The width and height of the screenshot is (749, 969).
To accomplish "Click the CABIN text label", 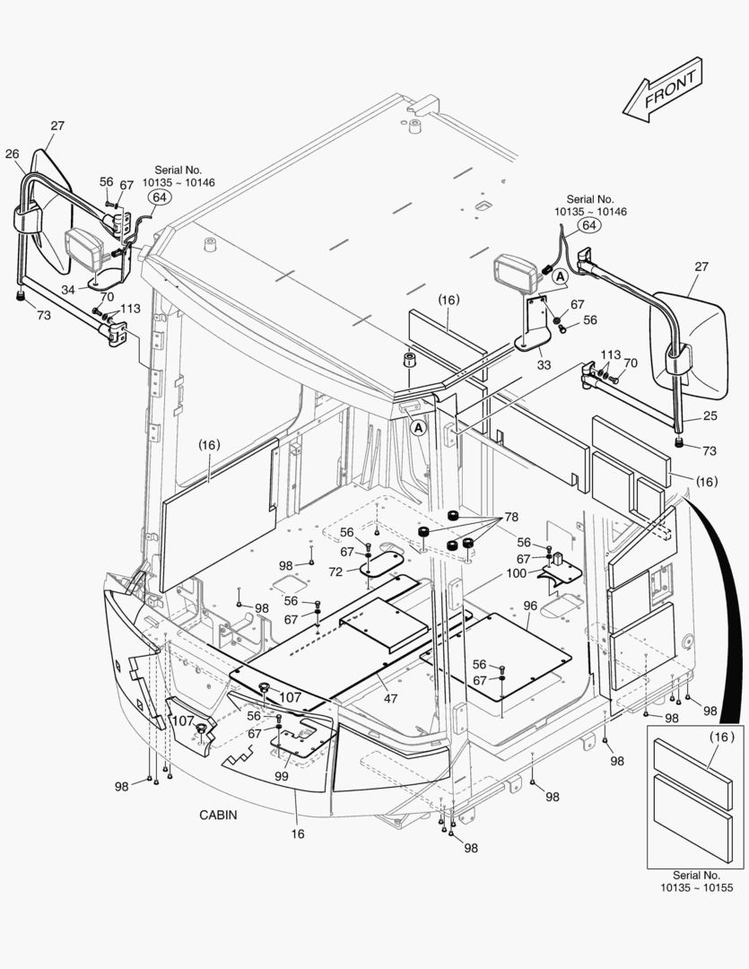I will [219, 815].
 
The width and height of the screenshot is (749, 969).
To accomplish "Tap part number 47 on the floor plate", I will [390, 698].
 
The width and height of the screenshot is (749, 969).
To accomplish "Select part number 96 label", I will [530, 606].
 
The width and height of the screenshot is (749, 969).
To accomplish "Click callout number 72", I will [335, 572].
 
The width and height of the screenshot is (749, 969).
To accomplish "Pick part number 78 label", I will [510, 517].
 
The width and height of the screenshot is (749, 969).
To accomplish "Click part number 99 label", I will [282, 777].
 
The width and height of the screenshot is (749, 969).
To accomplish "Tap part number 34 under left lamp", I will [68, 289].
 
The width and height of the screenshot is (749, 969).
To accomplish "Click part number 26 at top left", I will [13, 153].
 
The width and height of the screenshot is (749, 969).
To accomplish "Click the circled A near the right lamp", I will [559, 277].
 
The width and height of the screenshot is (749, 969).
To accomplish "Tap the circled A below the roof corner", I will [418, 428].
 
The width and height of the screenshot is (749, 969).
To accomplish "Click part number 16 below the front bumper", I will [298, 834].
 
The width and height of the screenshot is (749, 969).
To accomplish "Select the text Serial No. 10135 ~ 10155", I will [696, 881].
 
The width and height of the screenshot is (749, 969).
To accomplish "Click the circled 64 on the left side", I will [159, 196].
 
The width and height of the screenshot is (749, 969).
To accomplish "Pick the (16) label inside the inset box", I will [721, 738].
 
